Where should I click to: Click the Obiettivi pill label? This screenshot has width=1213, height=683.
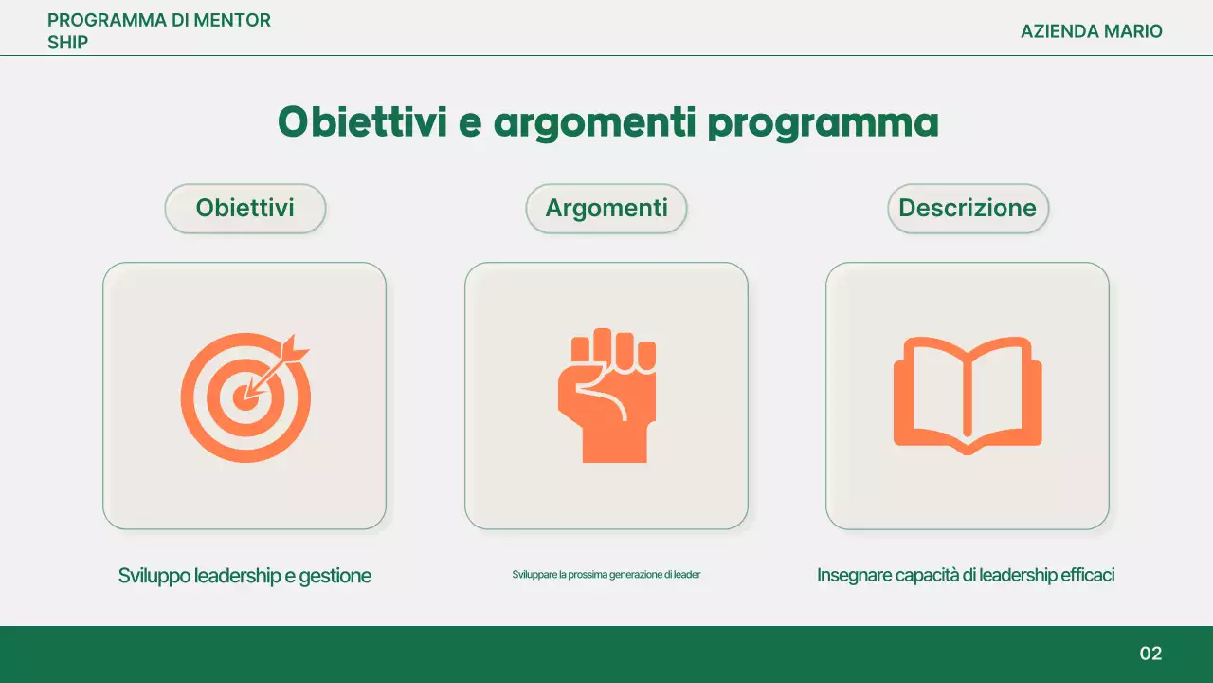click(244, 209)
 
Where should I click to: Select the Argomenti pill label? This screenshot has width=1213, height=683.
click(606, 209)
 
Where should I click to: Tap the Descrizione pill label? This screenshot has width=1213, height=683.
click(968, 209)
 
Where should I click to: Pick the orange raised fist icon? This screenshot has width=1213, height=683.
click(606, 396)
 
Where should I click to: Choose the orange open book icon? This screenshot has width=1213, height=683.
click(968, 396)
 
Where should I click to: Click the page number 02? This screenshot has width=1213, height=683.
click(1150, 654)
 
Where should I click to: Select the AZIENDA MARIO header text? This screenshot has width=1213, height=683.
click(1091, 31)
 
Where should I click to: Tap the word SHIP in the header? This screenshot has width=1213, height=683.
click(67, 43)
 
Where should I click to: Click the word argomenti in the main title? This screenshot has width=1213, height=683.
click(594, 123)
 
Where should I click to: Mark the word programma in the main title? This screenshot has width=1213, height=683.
click(824, 123)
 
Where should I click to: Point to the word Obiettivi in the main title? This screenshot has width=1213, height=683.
click(362, 123)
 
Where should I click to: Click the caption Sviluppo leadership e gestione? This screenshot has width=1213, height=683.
click(244, 576)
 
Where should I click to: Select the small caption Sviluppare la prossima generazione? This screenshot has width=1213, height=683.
click(606, 575)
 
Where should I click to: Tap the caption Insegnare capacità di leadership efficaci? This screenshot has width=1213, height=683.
click(966, 576)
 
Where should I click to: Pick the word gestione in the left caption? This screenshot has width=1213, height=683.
click(335, 576)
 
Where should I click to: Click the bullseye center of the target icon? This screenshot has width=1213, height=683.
click(245, 397)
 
